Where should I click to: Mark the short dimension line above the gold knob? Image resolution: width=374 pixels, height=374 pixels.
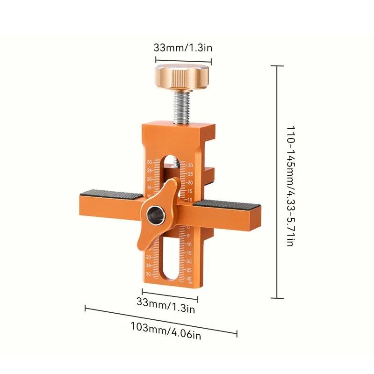click(183, 59)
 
